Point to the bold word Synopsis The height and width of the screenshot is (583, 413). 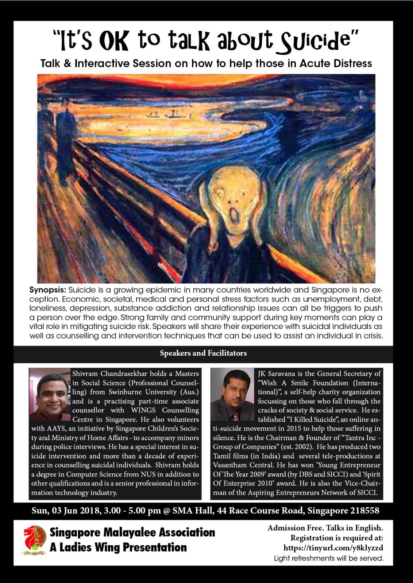click(x=47, y=290)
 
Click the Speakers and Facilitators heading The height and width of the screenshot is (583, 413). click(x=203, y=353)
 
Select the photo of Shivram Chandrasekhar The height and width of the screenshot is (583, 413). click(x=50, y=394)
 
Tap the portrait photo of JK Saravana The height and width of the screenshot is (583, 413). click(x=232, y=394)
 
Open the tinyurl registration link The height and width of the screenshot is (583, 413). click(x=333, y=548)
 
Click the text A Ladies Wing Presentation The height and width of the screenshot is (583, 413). click(x=118, y=547)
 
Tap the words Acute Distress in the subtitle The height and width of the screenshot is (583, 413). click(x=336, y=63)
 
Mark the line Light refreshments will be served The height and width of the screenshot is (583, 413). click(x=328, y=558)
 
